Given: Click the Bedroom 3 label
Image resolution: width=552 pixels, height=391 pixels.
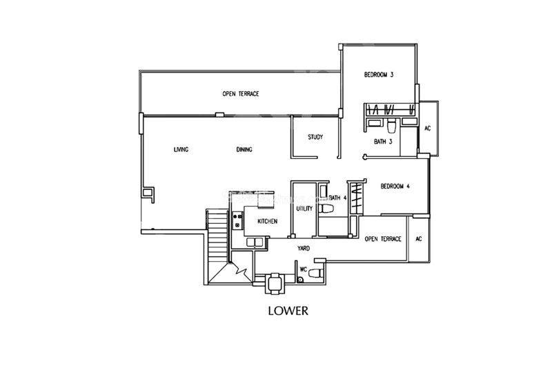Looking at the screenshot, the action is point(378,75).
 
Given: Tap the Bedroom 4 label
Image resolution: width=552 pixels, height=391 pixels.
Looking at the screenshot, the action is point(395,186).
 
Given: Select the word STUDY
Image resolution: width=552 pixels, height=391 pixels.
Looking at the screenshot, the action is point(315,137).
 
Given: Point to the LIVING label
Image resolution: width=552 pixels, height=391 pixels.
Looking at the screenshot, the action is point(181,149).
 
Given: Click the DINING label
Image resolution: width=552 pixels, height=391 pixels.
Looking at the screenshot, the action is point(244,149).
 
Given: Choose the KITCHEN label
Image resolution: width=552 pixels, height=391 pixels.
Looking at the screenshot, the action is point(267,222).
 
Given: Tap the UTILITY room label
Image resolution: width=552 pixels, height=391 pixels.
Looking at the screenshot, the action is point(304,209).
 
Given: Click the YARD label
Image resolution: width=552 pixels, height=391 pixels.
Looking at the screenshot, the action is point(304,248).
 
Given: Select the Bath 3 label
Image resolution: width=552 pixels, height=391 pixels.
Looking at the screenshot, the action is point(383,142).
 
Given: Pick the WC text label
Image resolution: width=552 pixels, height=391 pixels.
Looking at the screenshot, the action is point(303,269).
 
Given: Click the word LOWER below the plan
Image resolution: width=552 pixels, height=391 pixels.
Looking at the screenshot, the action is point(288,311).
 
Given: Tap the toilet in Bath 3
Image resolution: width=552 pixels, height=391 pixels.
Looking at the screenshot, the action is point(391,126).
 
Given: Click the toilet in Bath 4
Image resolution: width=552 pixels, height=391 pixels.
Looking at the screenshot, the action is point(326,209).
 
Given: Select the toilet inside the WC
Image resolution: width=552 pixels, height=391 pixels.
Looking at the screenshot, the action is point(315,273).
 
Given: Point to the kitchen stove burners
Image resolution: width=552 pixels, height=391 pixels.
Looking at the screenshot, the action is point(237,220).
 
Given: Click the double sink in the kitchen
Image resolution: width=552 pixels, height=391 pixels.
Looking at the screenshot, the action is point(255,242).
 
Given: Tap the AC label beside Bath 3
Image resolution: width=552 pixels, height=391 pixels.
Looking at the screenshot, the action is point(427,128).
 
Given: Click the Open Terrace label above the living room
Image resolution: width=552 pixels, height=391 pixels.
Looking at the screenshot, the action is point(240,94).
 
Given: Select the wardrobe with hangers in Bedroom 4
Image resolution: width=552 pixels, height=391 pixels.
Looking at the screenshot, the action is point(356,198).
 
